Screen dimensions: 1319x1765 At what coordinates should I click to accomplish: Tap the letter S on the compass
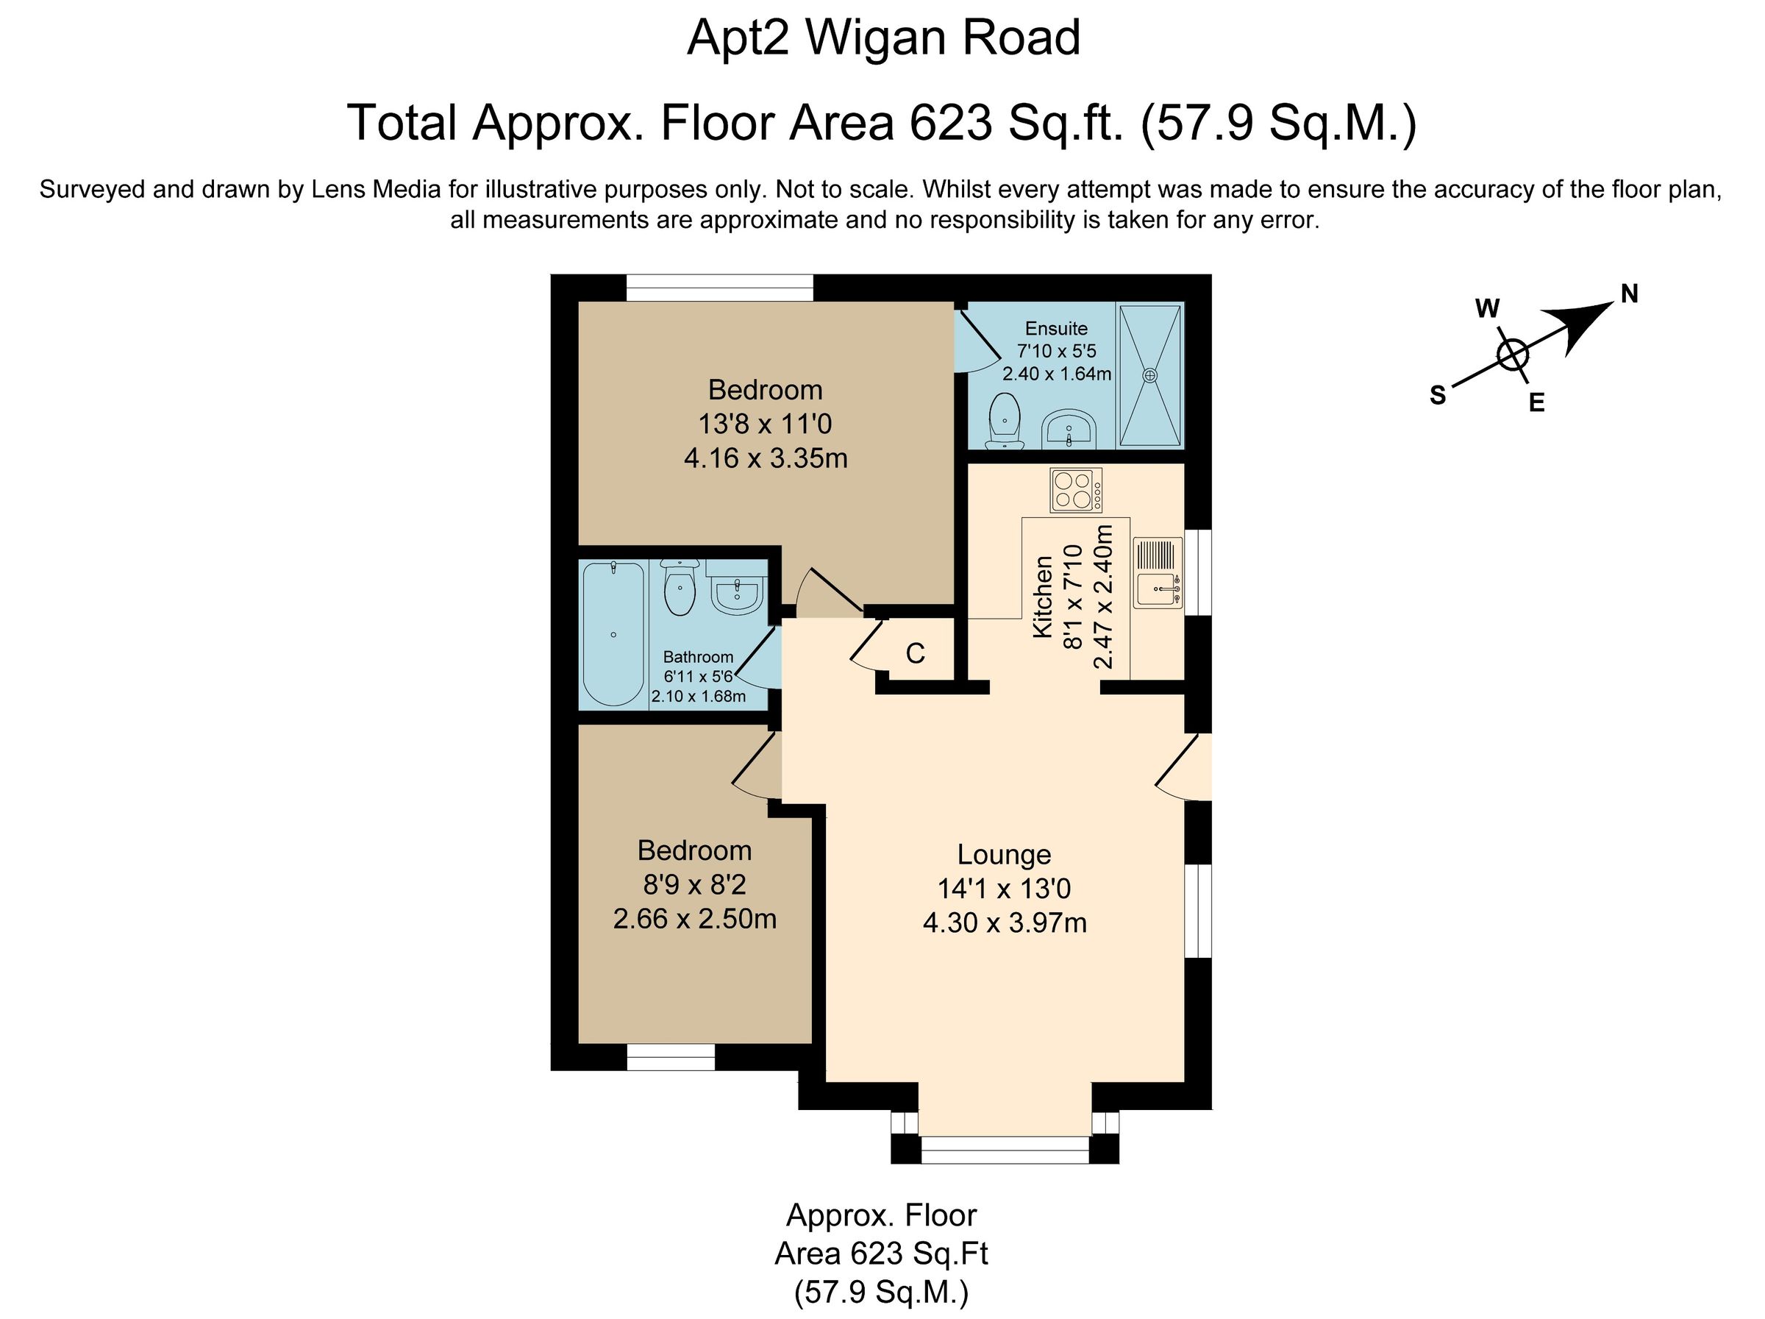tap(1438, 395)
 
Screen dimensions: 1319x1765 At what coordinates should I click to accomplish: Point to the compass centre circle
tap(1512, 355)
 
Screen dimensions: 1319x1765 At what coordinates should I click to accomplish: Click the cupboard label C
tap(915, 653)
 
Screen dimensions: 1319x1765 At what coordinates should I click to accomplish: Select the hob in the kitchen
tap(1076, 490)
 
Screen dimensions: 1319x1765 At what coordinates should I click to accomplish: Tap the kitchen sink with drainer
tap(1157, 574)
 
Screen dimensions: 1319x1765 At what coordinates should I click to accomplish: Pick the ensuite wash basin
tap(1069, 431)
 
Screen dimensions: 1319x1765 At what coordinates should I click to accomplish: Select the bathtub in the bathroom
tap(613, 633)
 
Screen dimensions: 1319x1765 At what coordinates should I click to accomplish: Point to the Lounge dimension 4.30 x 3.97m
tap(1005, 923)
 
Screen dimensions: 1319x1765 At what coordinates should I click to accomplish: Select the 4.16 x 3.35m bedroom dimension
tap(766, 459)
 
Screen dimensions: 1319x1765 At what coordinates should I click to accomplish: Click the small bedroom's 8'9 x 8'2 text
tap(694, 885)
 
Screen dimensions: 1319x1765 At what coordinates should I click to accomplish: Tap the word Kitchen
tap(1043, 597)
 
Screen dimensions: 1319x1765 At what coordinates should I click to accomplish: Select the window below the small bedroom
tap(670, 1057)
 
